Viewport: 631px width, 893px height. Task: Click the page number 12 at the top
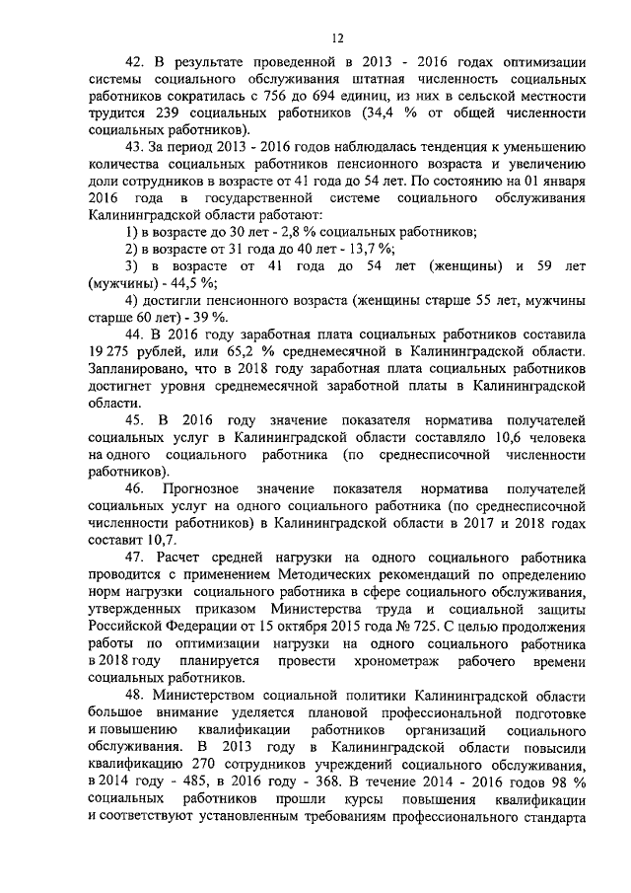[335, 38]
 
